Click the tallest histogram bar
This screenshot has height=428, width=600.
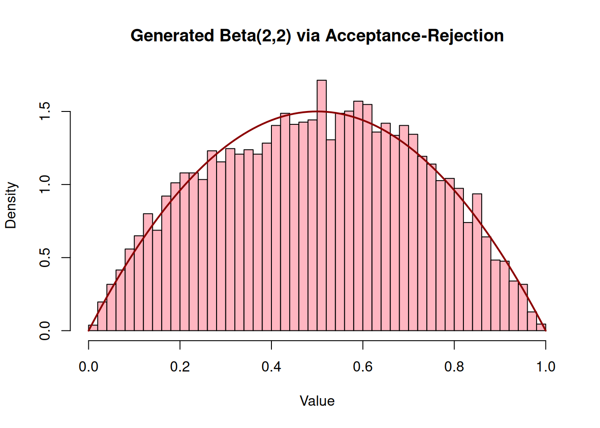[x=321, y=205]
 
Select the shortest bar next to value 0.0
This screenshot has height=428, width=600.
[x=93, y=328]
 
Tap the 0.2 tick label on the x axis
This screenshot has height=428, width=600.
[x=180, y=367]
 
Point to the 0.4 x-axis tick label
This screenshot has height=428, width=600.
[x=271, y=367]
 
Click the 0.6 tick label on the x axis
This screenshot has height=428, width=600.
[x=363, y=367]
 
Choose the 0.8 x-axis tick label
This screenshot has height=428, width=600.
[x=454, y=367]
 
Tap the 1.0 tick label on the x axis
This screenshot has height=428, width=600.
[x=546, y=367]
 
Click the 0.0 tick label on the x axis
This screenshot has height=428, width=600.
[x=88, y=367]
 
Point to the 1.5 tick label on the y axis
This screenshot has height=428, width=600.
[x=45, y=111]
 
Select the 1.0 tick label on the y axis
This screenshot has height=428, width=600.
[x=45, y=185]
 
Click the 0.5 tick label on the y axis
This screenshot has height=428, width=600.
[x=45, y=258]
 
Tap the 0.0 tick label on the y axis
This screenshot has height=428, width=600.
[x=45, y=331]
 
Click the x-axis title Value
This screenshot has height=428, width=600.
[x=317, y=401]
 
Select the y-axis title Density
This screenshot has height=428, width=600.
[x=11, y=205]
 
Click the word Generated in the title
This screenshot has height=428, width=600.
[x=172, y=36]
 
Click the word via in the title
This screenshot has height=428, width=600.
[x=308, y=36]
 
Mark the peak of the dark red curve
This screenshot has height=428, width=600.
[x=317, y=111]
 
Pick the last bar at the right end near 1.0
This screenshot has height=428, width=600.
[x=541, y=328]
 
